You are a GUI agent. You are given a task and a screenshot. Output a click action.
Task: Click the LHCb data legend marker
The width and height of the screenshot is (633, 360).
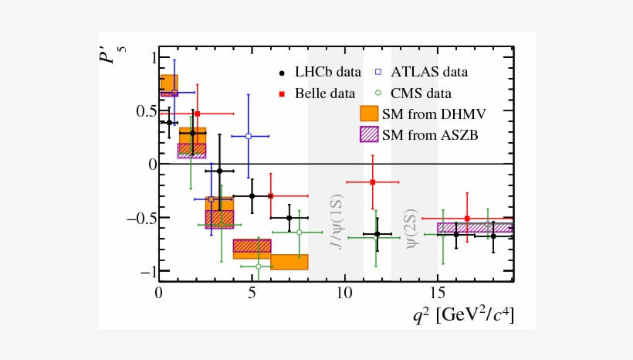click(283, 73)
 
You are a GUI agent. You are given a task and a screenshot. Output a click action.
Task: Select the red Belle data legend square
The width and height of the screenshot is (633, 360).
click(283, 94)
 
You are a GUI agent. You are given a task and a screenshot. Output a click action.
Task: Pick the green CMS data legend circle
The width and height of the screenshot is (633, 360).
click(380, 94)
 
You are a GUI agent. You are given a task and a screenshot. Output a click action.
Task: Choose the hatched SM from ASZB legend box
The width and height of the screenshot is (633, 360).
click(370, 134)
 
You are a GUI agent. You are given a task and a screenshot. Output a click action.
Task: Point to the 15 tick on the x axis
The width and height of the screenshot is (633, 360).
click(438, 294)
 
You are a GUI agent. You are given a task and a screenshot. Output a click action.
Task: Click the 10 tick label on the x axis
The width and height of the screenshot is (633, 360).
click(344, 294)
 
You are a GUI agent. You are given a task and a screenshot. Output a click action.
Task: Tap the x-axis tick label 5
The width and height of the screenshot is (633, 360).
click(252, 294)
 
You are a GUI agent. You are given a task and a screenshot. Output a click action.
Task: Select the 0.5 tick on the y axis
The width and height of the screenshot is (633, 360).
click(144, 110)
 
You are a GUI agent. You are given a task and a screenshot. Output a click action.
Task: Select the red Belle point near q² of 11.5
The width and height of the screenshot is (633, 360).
click(373, 182)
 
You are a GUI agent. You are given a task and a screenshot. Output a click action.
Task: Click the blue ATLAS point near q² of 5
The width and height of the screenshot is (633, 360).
click(249, 136)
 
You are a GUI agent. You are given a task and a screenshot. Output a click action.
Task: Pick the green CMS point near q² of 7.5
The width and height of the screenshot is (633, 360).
click(299, 232)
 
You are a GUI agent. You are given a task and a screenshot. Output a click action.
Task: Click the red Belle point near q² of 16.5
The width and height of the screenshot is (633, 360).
click(466, 219)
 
